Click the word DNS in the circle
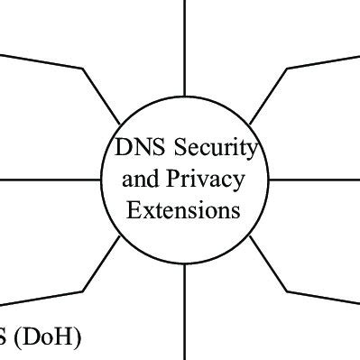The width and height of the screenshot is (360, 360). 132,147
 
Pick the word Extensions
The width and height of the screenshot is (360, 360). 183,211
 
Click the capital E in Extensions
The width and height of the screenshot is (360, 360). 133,211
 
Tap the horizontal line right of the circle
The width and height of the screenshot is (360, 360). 316,179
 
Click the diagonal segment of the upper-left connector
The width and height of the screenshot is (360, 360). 102,96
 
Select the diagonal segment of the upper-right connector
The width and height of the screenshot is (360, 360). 268,95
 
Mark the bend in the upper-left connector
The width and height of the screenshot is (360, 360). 84,68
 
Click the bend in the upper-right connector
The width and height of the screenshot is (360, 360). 287,68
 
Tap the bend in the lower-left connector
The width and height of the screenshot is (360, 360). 84,291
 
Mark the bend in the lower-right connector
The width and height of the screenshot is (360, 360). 287,291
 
